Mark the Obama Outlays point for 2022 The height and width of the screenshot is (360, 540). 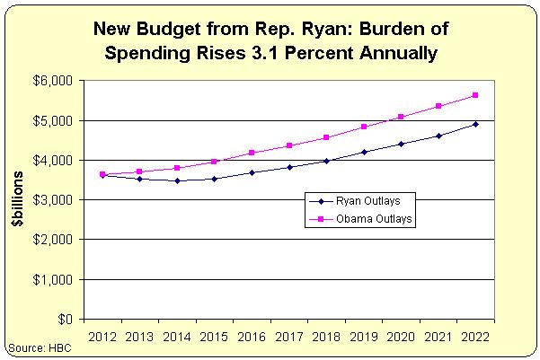475,95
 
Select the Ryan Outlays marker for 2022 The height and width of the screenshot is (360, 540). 475,124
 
